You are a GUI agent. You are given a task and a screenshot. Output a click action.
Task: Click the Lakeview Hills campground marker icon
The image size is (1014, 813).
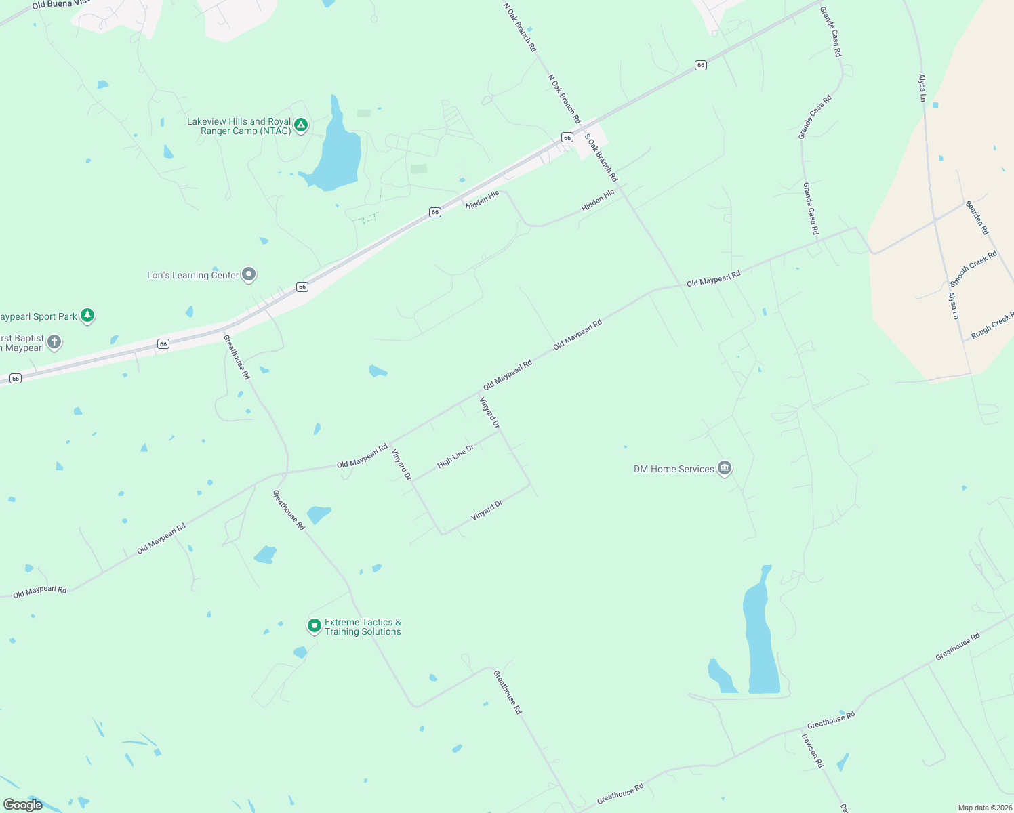[x=301, y=125]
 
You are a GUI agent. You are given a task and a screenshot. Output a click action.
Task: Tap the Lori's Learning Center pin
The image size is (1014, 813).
[x=249, y=274]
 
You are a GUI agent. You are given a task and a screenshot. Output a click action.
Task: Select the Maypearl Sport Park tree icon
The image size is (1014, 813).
[x=87, y=315]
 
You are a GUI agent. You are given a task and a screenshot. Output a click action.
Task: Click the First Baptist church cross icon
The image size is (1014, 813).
[x=54, y=342]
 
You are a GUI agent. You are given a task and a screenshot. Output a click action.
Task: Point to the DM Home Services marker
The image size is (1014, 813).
[x=724, y=467]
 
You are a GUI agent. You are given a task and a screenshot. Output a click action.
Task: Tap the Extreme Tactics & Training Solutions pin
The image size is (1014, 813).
[x=314, y=625]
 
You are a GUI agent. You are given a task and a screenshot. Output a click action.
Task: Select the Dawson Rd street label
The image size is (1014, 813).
[x=812, y=750]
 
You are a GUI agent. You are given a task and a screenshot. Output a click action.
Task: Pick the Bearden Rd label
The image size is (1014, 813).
[x=977, y=217]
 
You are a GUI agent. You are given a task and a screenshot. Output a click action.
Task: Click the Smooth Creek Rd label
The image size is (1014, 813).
[x=973, y=268]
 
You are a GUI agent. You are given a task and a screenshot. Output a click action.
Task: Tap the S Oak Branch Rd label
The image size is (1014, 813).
[x=601, y=157]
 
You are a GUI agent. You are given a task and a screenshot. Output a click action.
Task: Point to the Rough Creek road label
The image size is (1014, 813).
[x=992, y=325]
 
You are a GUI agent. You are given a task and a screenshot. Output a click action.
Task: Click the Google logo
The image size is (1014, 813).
[x=23, y=804]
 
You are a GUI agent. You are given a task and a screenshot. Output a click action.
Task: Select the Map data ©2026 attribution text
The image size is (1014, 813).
[x=983, y=808]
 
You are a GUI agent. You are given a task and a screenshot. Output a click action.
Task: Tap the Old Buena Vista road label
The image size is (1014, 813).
[x=61, y=5]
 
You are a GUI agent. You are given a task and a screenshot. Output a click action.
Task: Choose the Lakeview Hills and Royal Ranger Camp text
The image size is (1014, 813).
[x=239, y=126]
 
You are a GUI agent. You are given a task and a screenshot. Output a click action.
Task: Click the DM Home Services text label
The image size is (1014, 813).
[x=674, y=469]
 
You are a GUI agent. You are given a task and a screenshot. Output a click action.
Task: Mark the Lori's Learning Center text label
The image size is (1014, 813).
[x=193, y=275]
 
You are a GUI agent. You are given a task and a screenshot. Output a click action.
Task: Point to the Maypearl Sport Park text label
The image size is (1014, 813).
[x=39, y=316]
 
